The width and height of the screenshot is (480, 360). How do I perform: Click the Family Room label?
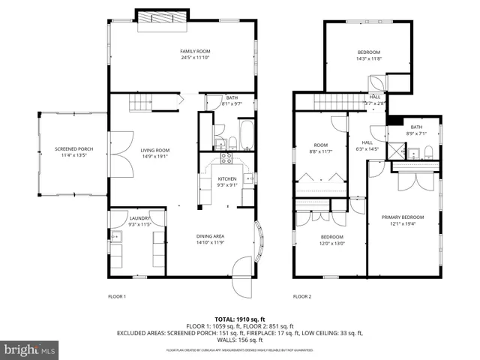pos(193,51)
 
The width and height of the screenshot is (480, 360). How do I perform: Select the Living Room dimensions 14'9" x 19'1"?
pos(155,156)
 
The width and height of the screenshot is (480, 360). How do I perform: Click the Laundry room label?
pos(119,218)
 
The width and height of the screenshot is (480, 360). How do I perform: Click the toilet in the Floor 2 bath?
pos(427,153)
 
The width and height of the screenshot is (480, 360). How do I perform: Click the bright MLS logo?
pos(31,349)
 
